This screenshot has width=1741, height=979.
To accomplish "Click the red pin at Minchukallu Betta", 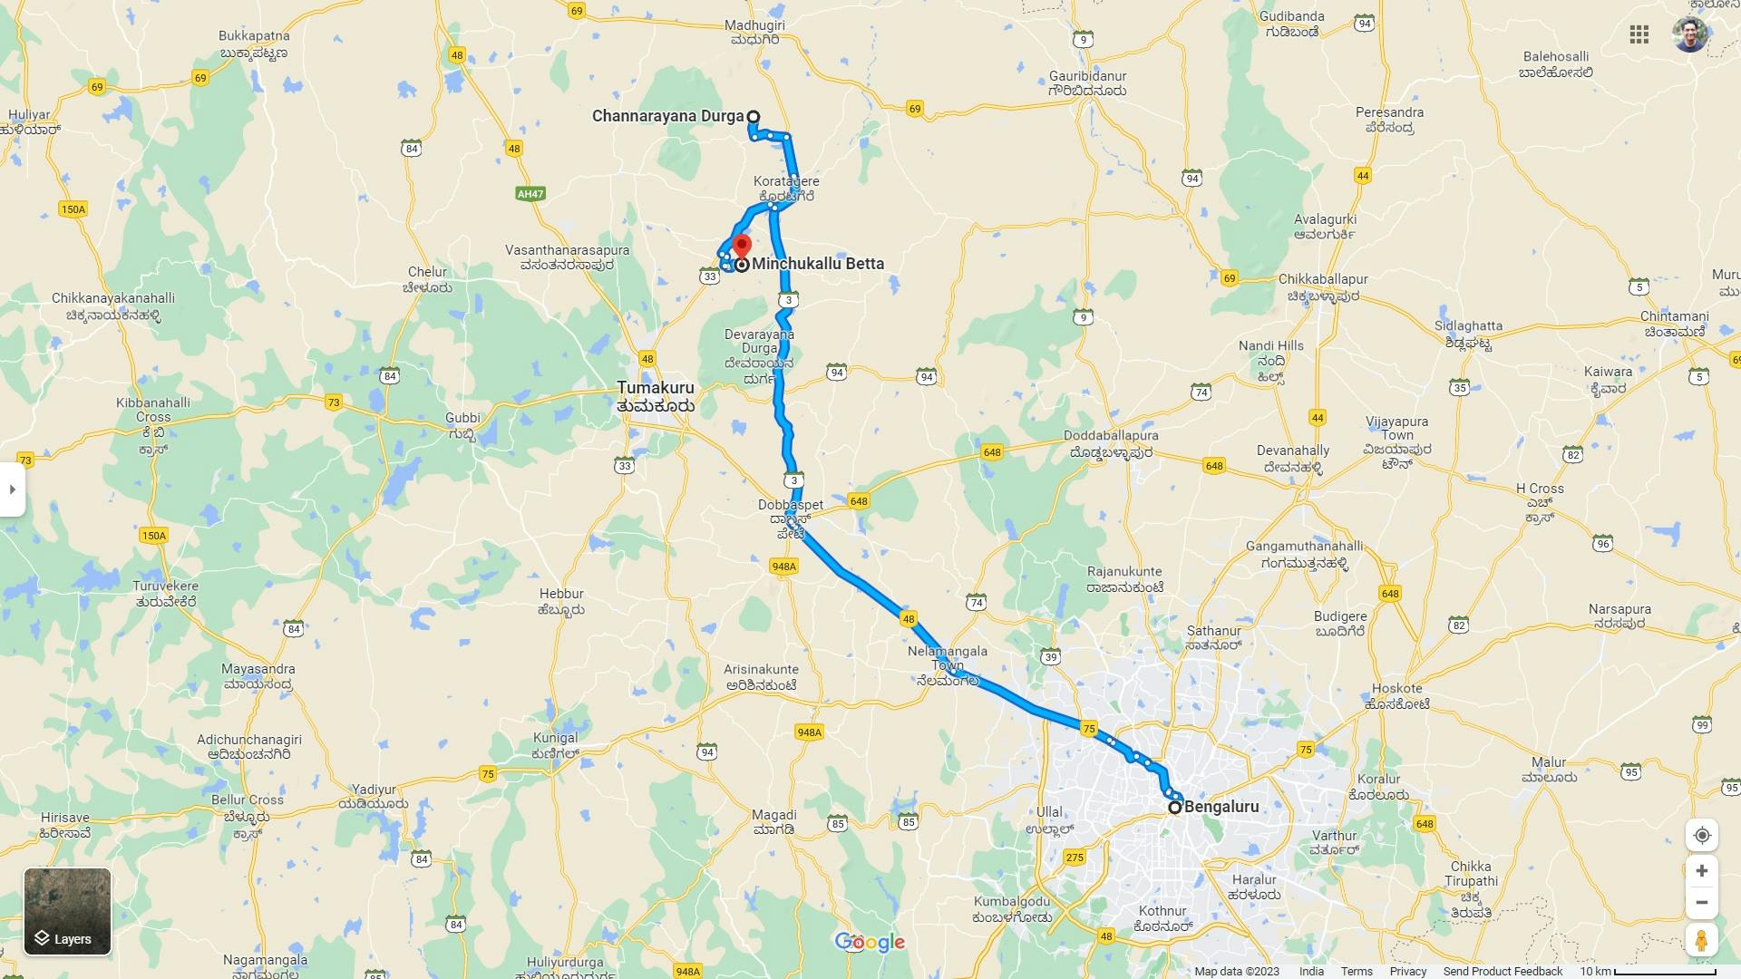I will pyautogui.click(x=742, y=246).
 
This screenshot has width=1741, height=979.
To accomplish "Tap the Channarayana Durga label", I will pyautogui.click(x=667, y=116).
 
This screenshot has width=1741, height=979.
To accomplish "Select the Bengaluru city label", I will pyautogui.click(x=1221, y=807).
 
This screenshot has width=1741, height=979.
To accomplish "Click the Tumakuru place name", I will pyautogui.click(x=655, y=388).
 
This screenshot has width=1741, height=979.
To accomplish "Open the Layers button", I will pyautogui.click(x=67, y=911).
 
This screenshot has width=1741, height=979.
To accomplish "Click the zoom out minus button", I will pyautogui.click(x=1701, y=903).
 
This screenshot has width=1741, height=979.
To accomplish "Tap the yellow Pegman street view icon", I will pyautogui.click(x=1701, y=940).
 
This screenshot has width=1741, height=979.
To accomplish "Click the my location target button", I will pyautogui.click(x=1701, y=835).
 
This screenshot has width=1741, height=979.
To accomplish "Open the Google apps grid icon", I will pyautogui.click(x=1639, y=34).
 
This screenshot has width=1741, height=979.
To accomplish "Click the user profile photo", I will pyautogui.click(x=1689, y=34).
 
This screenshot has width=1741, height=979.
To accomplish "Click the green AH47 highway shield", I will pyautogui.click(x=530, y=194).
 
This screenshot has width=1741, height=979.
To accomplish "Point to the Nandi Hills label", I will pyautogui.click(x=1270, y=346).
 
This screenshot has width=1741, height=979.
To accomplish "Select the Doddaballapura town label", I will pyautogui.click(x=1111, y=436).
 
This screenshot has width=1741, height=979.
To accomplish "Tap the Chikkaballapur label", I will pyautogui.click(x=1322, y=279).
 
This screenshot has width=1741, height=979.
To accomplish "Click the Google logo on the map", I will pyautogui.click(x=870, y=943).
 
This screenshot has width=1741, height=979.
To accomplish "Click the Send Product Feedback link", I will pyautogui.click(x=1503, y=971).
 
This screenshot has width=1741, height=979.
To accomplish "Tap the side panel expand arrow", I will pyautogui.click(x=12, y=489).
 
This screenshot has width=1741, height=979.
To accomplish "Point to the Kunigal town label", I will pyautogui.click(x=555, y=738).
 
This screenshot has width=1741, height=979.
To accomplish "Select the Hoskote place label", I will pyautogui.click(x=1396, y=689).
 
